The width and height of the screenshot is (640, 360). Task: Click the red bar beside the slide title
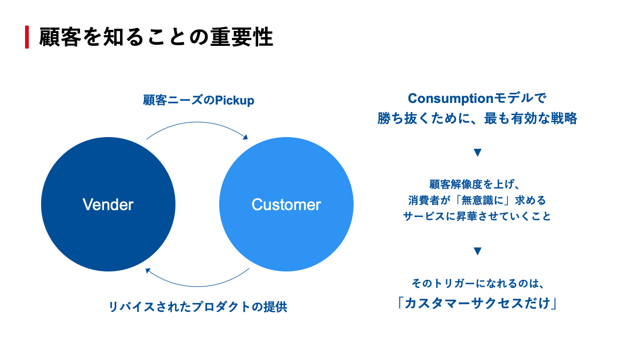pos(27,37)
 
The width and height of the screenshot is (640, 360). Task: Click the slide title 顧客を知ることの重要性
pos(156,37)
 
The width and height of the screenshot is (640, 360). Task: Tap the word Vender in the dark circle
pos(108,205)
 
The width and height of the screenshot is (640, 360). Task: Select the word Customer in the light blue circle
pos(286,205)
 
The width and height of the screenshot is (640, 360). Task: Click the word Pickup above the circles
pos(234,101)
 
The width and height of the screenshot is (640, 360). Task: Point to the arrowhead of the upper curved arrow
pos(245,137)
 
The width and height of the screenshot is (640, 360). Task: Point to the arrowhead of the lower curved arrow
pos(148,270)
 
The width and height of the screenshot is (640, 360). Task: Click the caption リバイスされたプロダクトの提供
pos(198,307)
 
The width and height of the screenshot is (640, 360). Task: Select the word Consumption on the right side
pos(451,99)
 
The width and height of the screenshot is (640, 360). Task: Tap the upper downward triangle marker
pos(477,153)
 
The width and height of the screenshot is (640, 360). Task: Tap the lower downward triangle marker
pos(477,251)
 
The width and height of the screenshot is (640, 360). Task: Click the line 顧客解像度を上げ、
pos(474,185)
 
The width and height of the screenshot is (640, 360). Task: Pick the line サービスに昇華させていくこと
pos(477,217)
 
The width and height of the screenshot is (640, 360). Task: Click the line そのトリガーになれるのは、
pos(478,283)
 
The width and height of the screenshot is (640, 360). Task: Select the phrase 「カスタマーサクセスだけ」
pos(477,303)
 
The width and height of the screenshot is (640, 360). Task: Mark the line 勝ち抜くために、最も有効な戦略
pos(477,118)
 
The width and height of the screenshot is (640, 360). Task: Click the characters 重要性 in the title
pos(242,37)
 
